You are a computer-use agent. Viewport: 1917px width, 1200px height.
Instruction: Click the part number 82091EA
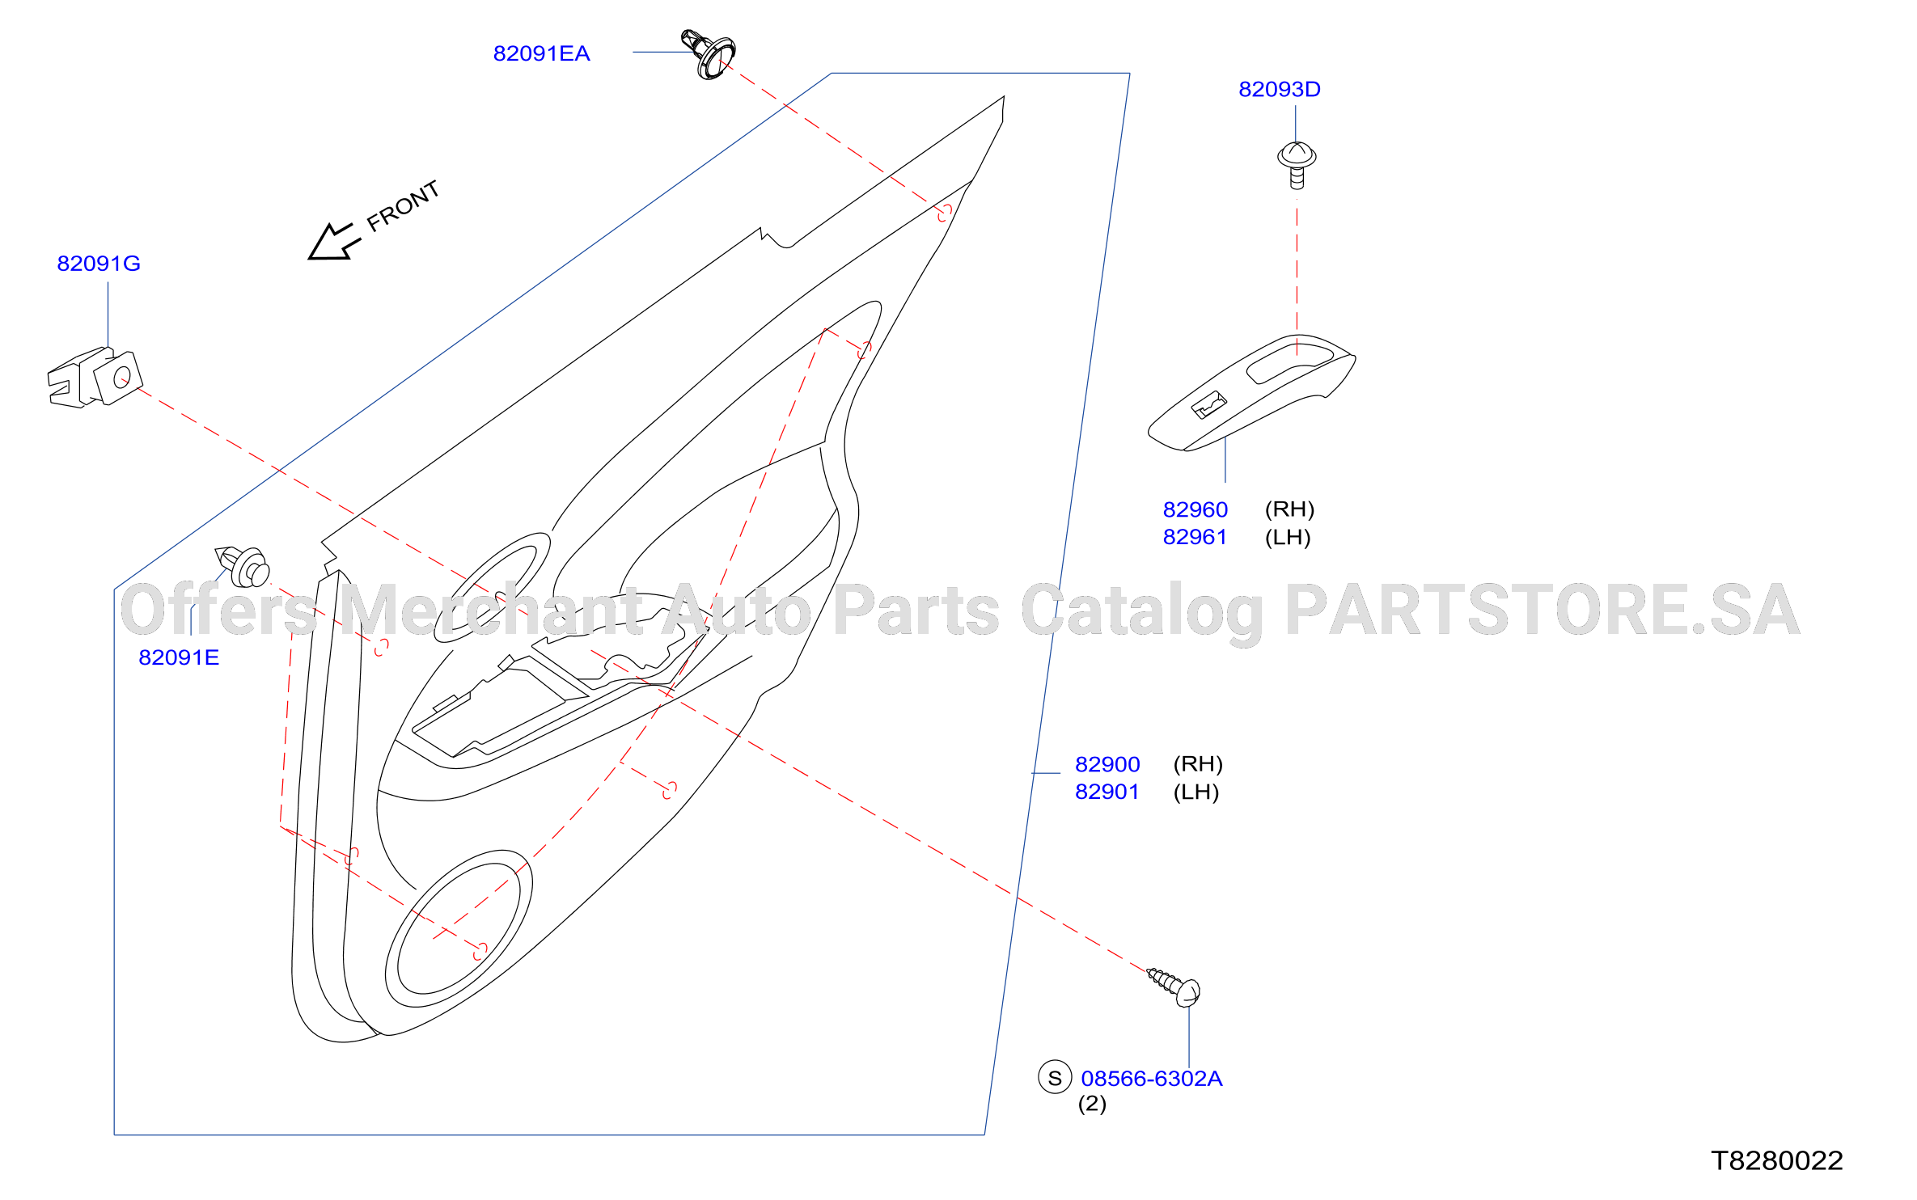coord(541,53)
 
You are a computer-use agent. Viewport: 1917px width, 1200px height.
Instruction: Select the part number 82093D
coord(1280,89)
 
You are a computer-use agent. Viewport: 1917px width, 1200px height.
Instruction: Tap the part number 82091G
coord(99,264)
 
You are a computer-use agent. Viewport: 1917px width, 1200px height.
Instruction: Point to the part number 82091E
coord(179,657)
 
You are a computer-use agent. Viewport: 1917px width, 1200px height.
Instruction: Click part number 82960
coord(1195,509)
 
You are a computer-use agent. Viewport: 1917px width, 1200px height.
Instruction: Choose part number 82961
coord(1195,537)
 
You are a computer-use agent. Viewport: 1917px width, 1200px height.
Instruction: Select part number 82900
coord(1107,764)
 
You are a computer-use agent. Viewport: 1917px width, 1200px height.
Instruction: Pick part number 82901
coord(1107,792)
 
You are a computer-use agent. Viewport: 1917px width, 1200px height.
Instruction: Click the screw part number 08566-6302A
coord(1152,1079)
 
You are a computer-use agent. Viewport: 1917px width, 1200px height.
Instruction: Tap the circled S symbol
coord(1055,1077)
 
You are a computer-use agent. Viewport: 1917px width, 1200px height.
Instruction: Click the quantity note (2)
coord(1092,1104)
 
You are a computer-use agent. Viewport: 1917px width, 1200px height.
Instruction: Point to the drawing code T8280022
coord(1777,1161)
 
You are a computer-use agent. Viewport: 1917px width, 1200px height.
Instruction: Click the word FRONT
coord(403,206)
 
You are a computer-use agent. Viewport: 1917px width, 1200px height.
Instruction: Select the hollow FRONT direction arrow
coord(333,242)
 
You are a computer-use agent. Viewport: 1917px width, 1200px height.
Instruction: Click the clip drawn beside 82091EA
coord(708,54)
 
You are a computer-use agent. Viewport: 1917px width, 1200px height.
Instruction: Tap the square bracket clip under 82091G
coord(95,378)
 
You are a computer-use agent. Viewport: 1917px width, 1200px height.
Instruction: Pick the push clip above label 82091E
coord(242,566)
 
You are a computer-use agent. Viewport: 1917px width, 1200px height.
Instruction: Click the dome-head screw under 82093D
coord(1297,165)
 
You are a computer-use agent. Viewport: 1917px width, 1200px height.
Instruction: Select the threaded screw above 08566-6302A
coord(1174,987)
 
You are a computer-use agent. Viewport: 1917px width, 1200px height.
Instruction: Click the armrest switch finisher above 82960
coord(1252,394)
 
